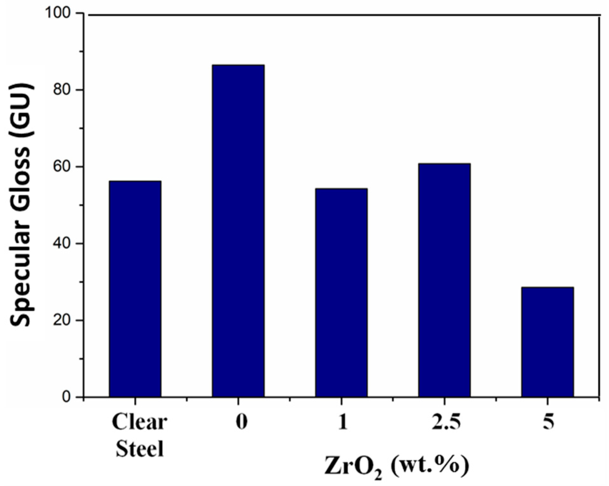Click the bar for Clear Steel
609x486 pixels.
click(x=135, y=288)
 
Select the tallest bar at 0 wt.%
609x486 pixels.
click(x=238, y=231)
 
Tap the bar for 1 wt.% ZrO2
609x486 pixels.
click(x=341, y=292)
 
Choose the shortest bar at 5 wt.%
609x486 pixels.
click(x=548, y=342)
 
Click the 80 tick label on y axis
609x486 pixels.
click(x=64, y=90)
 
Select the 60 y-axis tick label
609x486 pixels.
click(x=64, y=167)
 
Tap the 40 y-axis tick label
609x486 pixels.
click(x=64, y=244)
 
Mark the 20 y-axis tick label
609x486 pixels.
click(x=64, y=321)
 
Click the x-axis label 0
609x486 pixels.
click(x=241, y=422)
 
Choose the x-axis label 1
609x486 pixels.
click(x=343, y=422)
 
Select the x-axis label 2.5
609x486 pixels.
click(x=446, y=422)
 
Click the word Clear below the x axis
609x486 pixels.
click(x=139, y=422)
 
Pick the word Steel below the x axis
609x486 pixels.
click(x=140, y=449)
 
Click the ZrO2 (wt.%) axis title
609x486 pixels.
click(x=396, y=466)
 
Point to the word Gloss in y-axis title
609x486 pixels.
click(x=22, y=169)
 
